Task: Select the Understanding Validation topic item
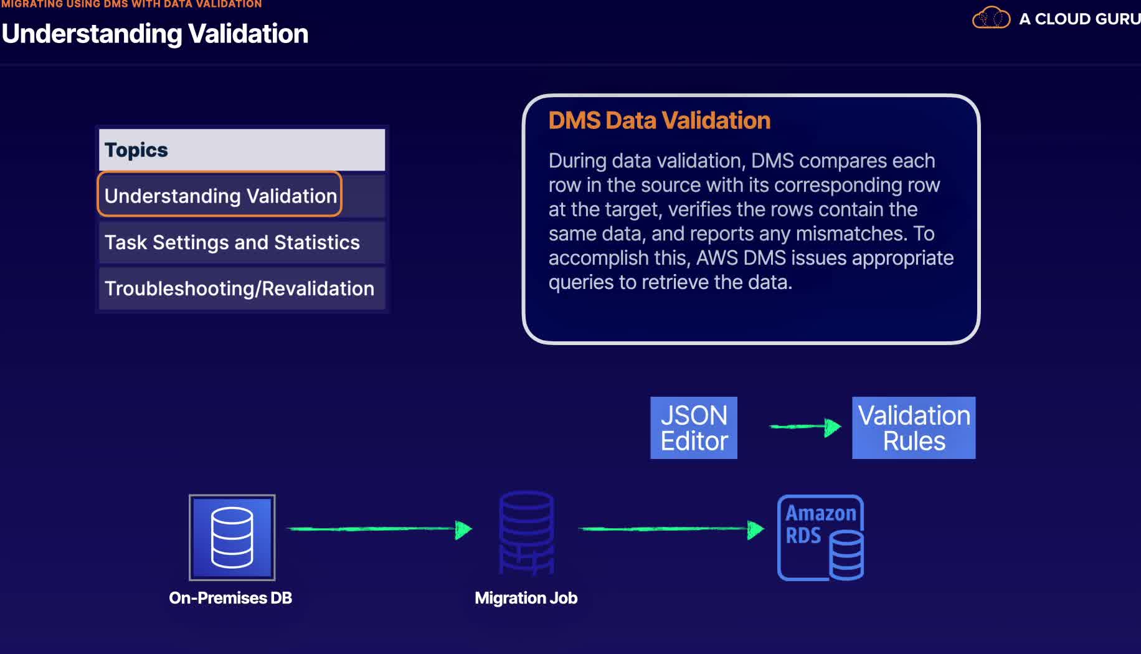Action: coord(220,196)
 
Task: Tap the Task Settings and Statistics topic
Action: coord(232,242)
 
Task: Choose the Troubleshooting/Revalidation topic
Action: coord(239,288)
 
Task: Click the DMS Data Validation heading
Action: coord(659,120)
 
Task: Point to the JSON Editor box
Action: coord(694,428)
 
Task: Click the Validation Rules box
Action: coord(914,428)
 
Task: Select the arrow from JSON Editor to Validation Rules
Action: coord(805,427)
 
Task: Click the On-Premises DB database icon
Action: coord(232,538)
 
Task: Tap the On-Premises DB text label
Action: coord(230,598)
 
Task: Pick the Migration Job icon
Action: coord(526,533)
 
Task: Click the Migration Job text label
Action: coord(526,598)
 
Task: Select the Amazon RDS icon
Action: coord(820,538)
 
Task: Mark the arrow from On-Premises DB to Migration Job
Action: coord(379,529)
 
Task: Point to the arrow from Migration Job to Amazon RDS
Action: coord(671,529)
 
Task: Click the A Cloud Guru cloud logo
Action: coord(991,18)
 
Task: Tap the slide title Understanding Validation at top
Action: coord(155,34)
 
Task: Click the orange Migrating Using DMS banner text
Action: coord(131,4)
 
